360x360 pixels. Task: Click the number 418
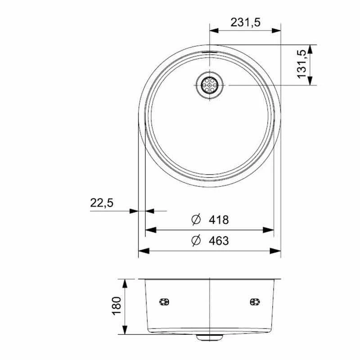(219, 220)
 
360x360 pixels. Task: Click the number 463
(219, 241)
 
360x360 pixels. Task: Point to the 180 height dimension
(117, 306)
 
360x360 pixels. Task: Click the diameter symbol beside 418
(195, 220)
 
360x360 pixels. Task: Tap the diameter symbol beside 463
(195, 241)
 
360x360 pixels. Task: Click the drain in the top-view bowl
(209, 85)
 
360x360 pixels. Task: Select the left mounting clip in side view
(164, 301)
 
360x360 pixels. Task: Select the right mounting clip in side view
(255, 301)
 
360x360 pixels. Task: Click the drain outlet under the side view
(209, 336)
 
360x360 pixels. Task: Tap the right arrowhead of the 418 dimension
(270, 230)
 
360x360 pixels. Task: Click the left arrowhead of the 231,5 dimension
(213, 31)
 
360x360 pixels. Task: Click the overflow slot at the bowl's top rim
(209, 52)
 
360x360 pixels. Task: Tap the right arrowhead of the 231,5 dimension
(277, 31)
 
